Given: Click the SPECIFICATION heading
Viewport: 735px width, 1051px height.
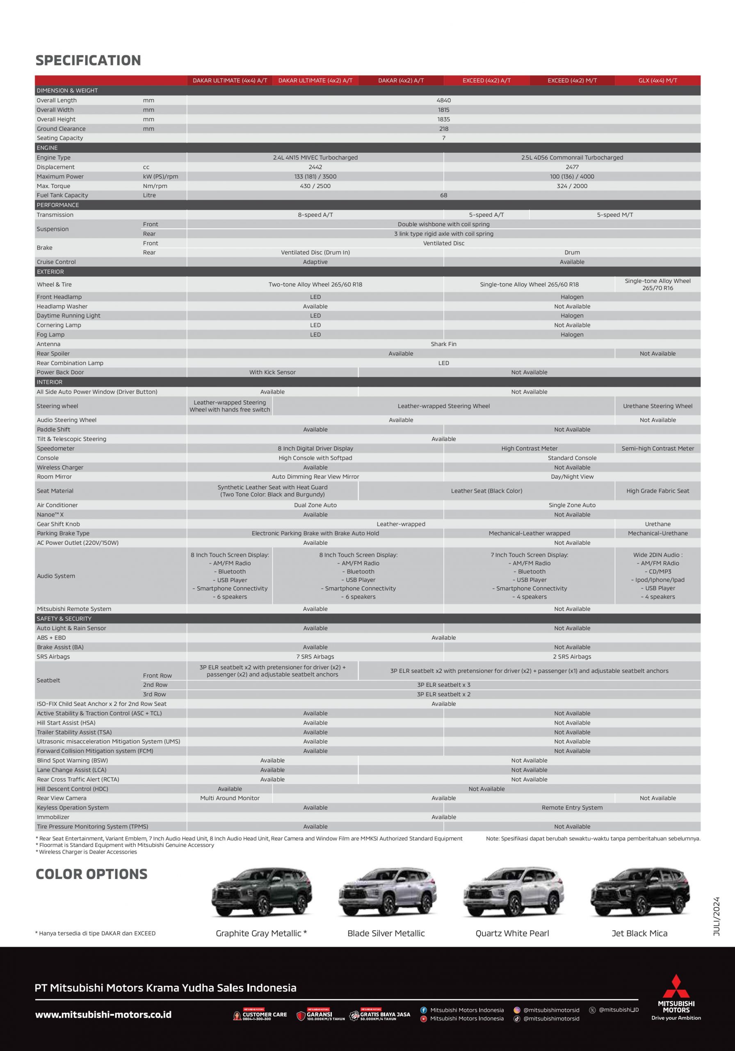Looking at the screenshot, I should [88, 60].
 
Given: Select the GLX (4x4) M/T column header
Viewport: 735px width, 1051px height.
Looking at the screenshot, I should [657, 80].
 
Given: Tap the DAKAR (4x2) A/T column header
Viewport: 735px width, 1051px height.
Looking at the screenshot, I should [401, 80].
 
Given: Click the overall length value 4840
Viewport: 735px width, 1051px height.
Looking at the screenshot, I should [443, 100].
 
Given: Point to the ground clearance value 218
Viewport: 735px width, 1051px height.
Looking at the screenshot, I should [443, 129].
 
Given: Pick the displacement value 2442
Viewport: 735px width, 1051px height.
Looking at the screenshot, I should [315, 167].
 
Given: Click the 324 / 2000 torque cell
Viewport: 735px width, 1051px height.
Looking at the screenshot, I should [572, 186].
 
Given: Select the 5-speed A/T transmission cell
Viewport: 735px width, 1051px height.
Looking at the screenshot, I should [486, 215].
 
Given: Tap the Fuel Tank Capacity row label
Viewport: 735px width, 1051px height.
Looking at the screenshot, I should [62, 195].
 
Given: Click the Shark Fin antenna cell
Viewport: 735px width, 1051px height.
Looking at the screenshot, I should [443, 344].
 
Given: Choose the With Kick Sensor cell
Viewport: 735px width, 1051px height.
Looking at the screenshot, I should [272, 372].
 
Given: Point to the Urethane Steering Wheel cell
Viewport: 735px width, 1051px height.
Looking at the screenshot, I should [657, 406].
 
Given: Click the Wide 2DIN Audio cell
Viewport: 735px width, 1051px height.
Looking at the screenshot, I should [657, 576].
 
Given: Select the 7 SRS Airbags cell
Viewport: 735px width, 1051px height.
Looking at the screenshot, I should [315, 656].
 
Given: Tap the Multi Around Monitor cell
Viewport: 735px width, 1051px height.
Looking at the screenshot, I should [230, 798].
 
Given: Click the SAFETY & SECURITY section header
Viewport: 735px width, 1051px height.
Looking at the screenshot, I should [64, 618].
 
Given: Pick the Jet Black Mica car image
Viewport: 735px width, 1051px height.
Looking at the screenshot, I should [639, 892].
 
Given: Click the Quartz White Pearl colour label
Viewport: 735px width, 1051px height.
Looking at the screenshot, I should [512, 933].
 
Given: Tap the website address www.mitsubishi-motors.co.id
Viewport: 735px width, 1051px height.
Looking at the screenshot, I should [103, 1014].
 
